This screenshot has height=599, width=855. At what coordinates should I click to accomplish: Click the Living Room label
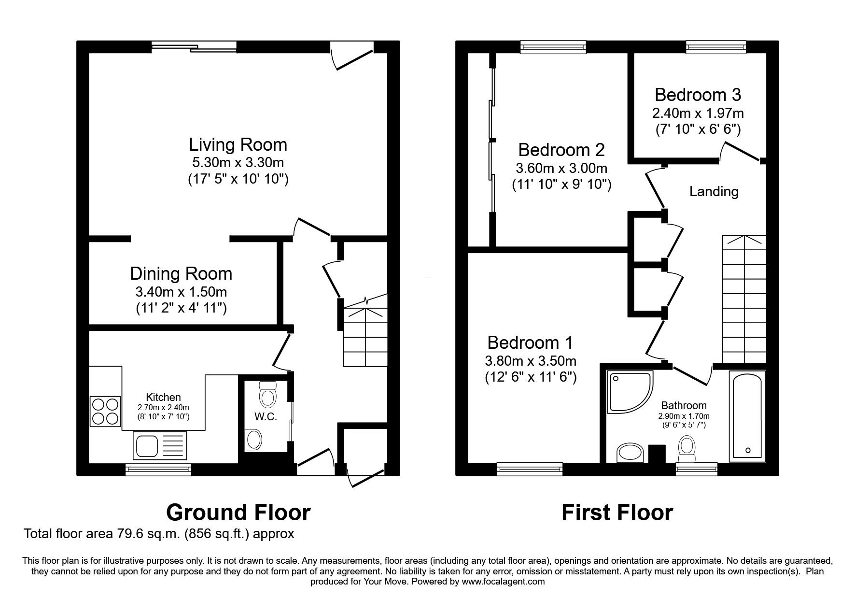(x=238, y=144)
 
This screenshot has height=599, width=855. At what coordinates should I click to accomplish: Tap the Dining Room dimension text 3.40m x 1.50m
(x=181, y=292)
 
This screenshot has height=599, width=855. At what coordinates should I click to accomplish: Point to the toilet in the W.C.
(x=267, y=394)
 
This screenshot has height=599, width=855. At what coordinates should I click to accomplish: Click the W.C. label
(x=266, y=416)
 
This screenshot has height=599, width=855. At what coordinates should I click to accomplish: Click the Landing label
(x=714, y=192)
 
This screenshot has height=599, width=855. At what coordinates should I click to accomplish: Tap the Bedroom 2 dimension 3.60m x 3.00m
(x=561, y=169)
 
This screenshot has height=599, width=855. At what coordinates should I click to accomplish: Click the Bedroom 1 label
(x=530, y=342)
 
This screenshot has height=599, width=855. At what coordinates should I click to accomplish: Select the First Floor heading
(x=617, y=513)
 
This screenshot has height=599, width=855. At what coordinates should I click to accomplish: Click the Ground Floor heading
(x=238, y=513)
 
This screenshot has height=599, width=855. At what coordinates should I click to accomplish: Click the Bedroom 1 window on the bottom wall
(x=530, y=468)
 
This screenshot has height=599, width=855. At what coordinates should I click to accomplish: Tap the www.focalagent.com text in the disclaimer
(x=503, y=582)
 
